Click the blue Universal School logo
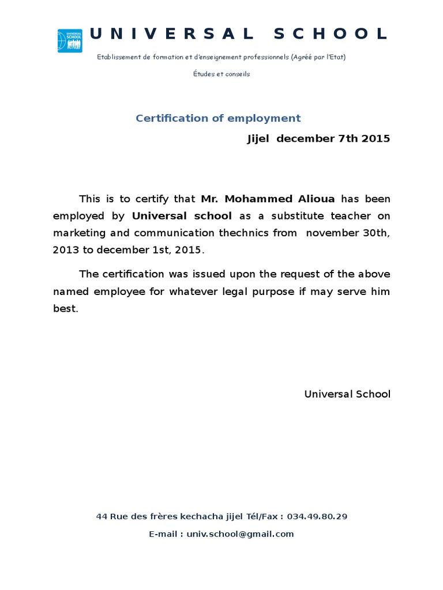click(70, 41)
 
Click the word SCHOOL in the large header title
click(330, 34)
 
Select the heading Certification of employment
click(218, 118)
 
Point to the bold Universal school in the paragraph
click(182, 216)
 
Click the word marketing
click(80, 233)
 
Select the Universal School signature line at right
click(347, 394)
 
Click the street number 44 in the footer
click(102, 516)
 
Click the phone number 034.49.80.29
click(317, 516)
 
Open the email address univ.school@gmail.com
click(240, 534)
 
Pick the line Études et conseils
click(221, 74)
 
